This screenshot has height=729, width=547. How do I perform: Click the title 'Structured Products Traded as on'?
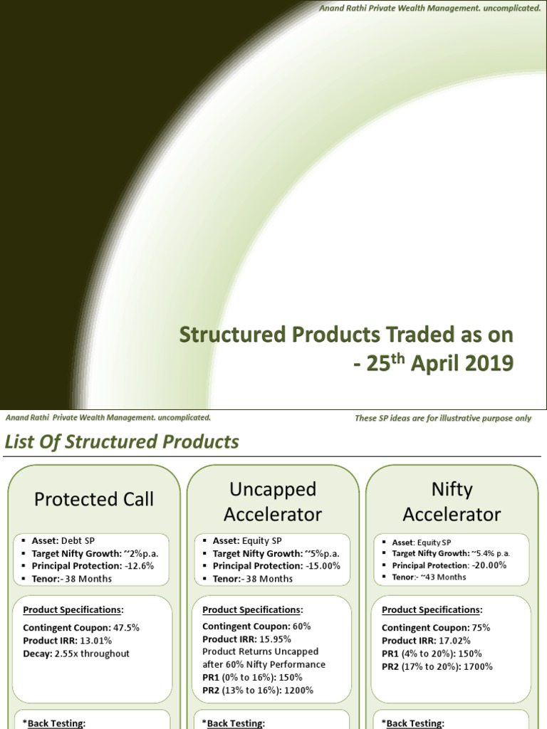pos(345,334)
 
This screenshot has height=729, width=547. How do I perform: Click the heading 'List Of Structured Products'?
pos(122,442)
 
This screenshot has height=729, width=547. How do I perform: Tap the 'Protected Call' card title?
pos(94,499)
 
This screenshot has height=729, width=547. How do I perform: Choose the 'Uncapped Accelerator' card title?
pos(273,501)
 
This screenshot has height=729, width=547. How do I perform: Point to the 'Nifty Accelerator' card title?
pos(452,501)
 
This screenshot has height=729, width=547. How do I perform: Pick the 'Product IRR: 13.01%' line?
pos(67,641)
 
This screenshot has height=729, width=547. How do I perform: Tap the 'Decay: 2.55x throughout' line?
pos(76,654)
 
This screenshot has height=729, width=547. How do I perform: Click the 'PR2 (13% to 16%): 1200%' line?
pos(258,690)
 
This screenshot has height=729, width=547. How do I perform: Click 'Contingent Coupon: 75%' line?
pos(436,628)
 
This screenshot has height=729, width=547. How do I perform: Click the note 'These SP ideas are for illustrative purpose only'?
pos(443,418)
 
